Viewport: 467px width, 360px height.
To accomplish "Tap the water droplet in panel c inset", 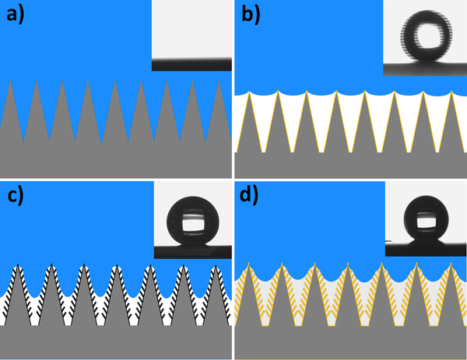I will (x=191, y=222).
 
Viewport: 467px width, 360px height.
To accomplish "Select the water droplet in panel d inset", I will (x=425, y=222).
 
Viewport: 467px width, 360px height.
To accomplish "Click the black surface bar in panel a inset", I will (x=191, y=66).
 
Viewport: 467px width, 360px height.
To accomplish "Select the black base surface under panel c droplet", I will (x=191, y=250).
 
